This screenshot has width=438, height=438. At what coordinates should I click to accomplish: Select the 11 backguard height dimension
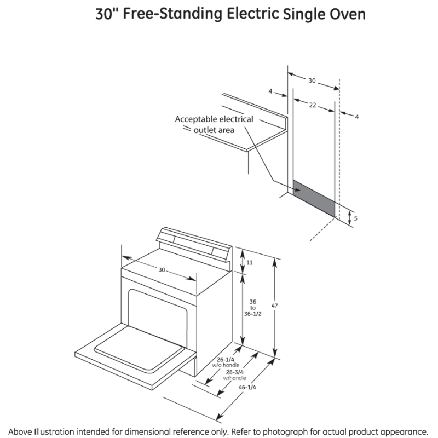(250, 262)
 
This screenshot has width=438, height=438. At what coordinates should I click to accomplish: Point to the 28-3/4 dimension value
(235, 372)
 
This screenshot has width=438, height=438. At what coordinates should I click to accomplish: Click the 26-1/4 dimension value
(223, 359)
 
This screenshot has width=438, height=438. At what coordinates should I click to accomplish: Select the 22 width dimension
(312, 105)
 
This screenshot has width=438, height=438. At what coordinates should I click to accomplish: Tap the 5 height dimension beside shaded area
(355, 218)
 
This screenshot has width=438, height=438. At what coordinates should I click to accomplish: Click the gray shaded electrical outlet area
(315, 197)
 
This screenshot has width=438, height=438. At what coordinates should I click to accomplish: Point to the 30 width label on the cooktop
(162, 269)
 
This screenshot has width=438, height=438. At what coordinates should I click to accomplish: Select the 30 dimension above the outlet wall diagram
(312, 80)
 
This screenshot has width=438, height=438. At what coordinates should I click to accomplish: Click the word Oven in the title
(348, 14)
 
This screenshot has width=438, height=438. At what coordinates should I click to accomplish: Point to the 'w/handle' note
(234, 378)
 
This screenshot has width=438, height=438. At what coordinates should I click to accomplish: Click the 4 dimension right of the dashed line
(356, 117)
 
